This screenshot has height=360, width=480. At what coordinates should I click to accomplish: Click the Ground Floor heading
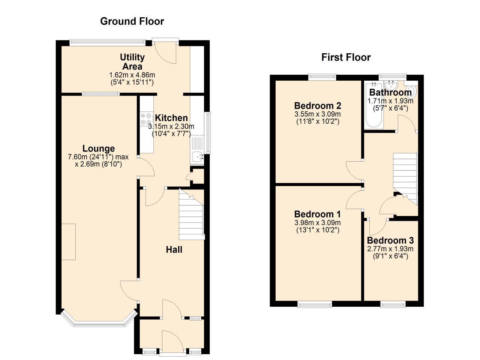132,21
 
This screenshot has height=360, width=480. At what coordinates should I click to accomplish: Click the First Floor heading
346,57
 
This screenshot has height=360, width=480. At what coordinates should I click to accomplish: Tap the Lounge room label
99,148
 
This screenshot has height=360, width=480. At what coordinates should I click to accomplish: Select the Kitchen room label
171,118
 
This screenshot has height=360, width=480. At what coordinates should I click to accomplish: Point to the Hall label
174,249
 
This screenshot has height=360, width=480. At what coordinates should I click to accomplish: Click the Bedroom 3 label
390,240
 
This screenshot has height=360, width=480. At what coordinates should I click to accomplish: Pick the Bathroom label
390,92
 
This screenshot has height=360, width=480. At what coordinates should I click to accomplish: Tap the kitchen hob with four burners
146,119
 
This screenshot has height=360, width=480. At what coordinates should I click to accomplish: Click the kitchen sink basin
197,157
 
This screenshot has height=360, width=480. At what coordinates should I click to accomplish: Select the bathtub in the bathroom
373,107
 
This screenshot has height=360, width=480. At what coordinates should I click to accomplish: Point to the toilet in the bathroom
411,91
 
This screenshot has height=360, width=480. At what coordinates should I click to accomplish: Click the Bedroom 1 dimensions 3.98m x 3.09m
317,223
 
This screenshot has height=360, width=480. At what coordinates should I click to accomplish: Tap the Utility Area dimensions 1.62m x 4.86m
132,75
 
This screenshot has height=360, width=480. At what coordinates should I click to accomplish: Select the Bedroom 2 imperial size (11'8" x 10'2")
317,121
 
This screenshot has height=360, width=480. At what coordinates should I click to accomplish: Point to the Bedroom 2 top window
322,77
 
